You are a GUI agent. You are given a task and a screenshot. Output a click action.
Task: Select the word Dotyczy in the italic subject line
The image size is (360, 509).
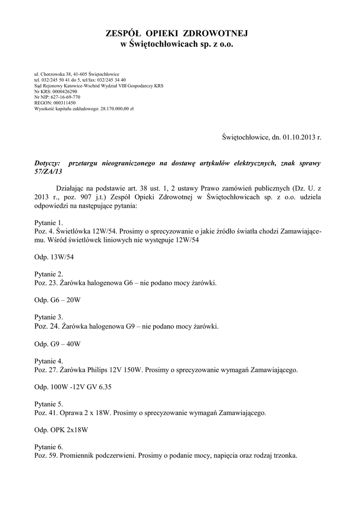point(47,163)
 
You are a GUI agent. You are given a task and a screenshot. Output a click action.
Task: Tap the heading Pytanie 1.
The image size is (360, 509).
point(49,223)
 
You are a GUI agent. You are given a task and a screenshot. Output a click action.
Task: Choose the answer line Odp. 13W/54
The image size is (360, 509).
point(55,256)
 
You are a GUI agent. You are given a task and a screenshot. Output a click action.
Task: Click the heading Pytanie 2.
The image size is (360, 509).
point(49,274)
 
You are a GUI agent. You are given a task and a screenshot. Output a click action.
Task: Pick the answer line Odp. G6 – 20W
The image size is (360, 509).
point(57,300)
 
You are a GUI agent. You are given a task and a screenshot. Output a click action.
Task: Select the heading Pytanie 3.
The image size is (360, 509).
point(49,317)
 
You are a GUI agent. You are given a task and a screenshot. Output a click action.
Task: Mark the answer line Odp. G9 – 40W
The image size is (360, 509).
point(57,343)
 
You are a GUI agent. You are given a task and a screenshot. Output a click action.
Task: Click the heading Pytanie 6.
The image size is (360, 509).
point(49,446)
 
